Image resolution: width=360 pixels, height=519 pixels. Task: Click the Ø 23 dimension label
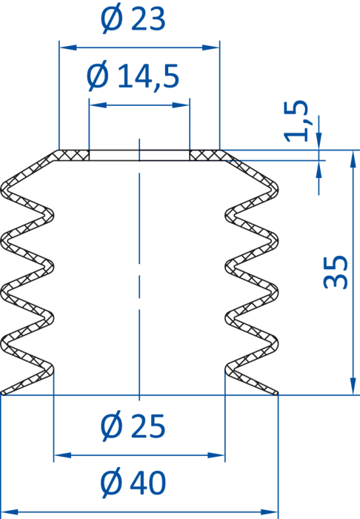tap(133, 20)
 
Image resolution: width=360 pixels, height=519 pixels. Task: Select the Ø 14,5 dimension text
tap(133, 77)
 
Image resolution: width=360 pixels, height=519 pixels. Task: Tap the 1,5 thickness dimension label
tap(296, 120)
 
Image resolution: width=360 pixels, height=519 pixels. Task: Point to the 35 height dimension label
tap(336, 272)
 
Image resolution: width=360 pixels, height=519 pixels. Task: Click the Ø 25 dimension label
tap(133, 426)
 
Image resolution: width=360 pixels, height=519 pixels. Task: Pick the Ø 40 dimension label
tap(133, 483)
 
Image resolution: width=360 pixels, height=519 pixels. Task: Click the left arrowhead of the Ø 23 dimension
tap(67, 47)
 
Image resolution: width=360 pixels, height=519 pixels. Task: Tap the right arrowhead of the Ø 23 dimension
tap(211, 47)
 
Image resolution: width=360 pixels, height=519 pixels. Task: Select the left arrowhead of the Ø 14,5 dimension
tap(99, 105)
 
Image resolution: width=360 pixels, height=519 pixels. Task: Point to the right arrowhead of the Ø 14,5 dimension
tap(181, 105)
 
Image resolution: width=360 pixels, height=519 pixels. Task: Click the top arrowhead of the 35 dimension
tap(353, 159)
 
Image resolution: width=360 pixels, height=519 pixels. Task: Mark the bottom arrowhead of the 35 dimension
tap(353, 386)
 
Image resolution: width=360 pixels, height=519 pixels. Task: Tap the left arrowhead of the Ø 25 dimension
tap(62, 455)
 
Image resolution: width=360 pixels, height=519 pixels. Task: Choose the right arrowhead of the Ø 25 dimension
tap(216, 455)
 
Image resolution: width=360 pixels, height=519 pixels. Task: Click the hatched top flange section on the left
tap(73, 155)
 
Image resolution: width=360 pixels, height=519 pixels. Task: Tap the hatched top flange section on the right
tap(206, 155)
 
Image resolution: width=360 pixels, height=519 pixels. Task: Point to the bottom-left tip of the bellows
tap(2, 394)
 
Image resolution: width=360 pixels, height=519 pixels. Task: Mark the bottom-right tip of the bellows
tap(277, 394)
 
